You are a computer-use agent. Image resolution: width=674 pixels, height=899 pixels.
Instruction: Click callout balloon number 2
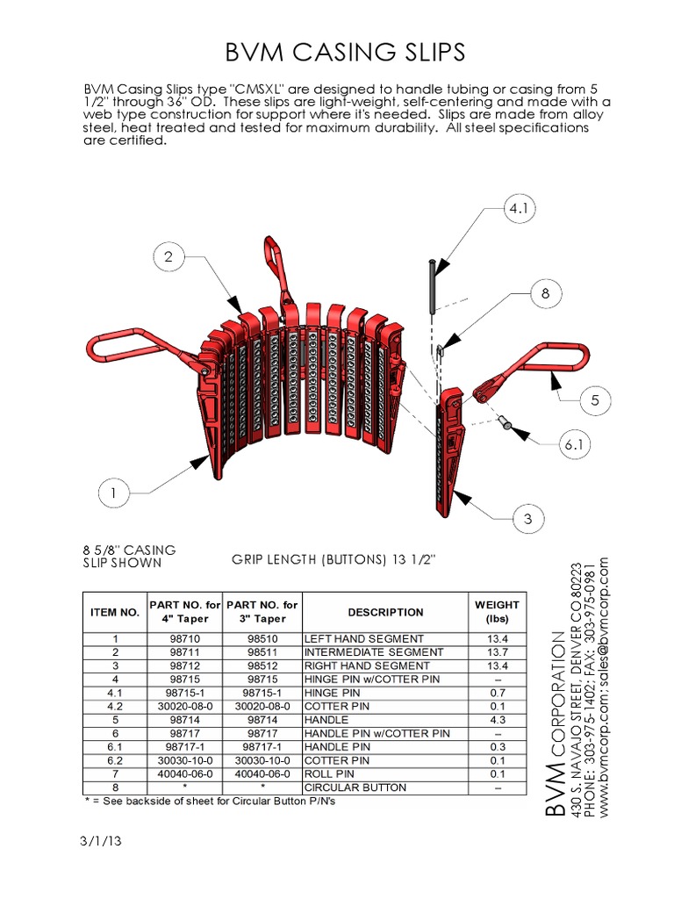tap(168, 256)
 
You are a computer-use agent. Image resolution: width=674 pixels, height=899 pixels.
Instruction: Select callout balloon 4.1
tap(518, 210)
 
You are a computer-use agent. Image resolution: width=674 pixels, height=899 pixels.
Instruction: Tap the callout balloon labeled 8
tap(545, 294)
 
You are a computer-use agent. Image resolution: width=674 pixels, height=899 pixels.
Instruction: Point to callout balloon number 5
tap(594, 400)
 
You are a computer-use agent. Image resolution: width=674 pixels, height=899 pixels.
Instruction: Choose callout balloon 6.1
tap(572, 446)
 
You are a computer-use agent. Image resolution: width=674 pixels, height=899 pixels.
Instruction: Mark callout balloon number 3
tap(527, 519)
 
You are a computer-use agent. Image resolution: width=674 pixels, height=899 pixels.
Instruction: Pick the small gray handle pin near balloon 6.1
tap(506, 424)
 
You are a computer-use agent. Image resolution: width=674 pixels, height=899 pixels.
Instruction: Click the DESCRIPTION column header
tap(385, 612)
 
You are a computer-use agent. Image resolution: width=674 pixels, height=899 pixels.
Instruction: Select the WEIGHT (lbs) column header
tap(497, 612)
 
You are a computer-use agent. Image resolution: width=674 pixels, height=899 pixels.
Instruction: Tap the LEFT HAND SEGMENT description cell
tap(363, 638)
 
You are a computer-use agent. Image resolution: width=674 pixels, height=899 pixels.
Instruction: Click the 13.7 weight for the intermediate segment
tap(497, 652)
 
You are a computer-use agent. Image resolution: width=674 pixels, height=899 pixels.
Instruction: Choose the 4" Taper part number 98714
tap(185, 720)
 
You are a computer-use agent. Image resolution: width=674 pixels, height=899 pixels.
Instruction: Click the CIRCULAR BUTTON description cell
tap(355, 788)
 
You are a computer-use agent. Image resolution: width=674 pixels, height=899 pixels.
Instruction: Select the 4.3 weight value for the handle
tap(497, 720)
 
